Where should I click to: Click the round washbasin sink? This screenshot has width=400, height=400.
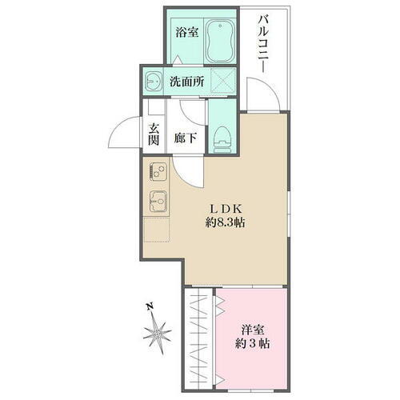[x=152, y=80]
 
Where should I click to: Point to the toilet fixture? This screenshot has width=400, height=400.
[x=222, y=136]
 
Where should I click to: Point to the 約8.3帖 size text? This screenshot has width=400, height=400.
[x=224, y=222]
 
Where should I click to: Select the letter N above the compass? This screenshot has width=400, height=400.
[x=150, y=305]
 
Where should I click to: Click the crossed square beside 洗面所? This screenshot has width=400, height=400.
[x=226, y=80]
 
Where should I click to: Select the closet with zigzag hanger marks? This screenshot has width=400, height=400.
[x=199, y=332]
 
